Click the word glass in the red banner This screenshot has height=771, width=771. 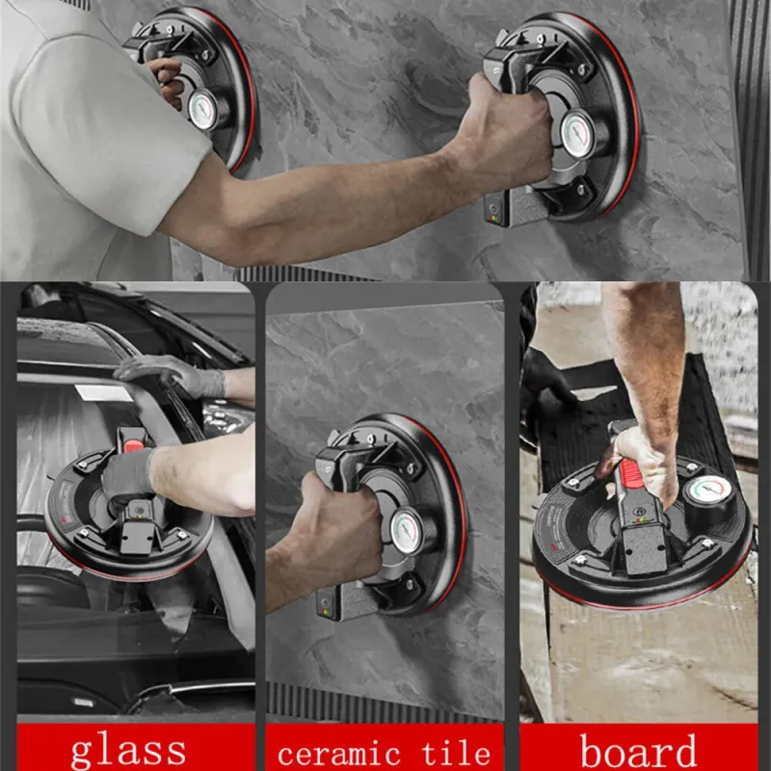[128, 751]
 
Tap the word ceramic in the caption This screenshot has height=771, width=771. [339, 754]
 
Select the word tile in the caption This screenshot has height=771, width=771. [456, 752]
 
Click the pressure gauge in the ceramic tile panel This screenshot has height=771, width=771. [408, 531]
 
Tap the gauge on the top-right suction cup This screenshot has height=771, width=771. [578, 134]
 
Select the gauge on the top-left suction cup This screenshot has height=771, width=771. [202, 109]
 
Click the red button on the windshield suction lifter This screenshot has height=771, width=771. [133, 446]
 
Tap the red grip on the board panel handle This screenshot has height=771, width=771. [631, 472]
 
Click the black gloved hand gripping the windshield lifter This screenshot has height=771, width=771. [128, 479]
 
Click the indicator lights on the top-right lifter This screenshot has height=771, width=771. [494, 217]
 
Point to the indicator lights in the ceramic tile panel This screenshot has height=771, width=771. [325, 612]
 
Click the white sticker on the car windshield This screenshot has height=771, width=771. [104, 392]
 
